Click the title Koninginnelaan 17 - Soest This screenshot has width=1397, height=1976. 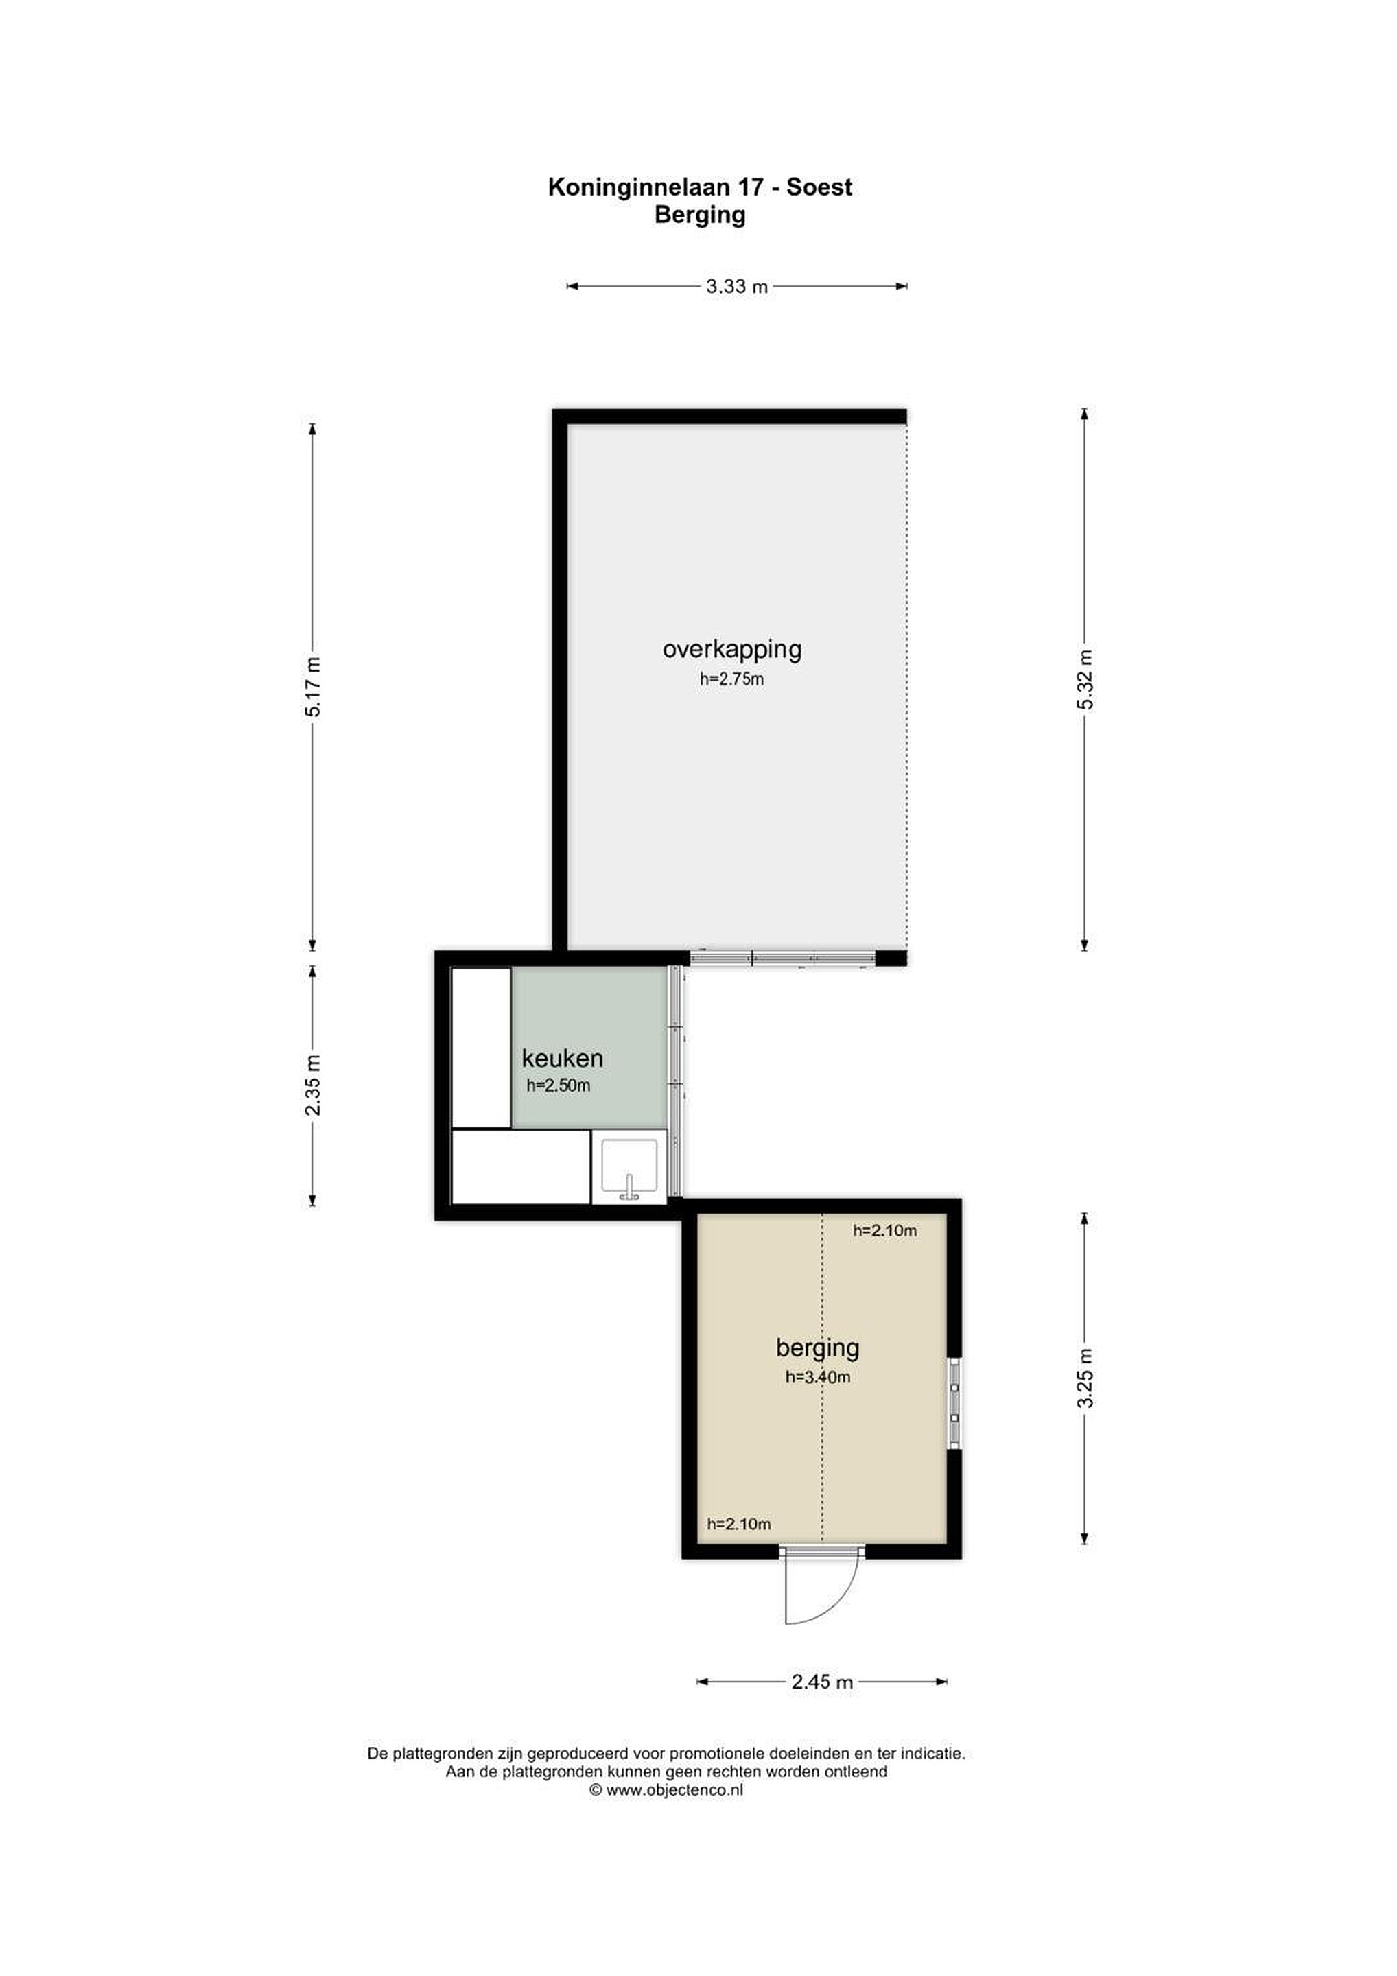tap(699, 187)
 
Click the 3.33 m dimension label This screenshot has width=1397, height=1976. tap(737, 287)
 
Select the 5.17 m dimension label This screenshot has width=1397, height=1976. tap(314, 687)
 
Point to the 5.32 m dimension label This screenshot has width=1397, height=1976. tap(1086, 680)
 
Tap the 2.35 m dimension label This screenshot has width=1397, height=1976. tap(314, 1085)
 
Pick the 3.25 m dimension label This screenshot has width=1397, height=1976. tap(1086, 1378)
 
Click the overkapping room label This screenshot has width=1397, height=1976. tap(731, 650)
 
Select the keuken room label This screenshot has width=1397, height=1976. tap(562, 1058)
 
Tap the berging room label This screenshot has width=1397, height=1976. tap(818, 1348)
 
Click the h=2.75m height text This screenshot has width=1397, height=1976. tap(731, 679)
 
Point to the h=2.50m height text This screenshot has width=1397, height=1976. tap(559, 1085)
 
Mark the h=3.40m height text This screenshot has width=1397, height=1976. tap(818, 1377)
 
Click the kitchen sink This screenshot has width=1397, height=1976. tap(629, 1167)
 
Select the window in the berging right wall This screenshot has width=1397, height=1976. tap(954, 1404)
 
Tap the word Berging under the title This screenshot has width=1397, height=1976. tap(700, 215)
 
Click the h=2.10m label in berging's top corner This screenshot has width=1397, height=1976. tap(885, 1231)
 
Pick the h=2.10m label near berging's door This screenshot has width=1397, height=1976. tap(738, 1524)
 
